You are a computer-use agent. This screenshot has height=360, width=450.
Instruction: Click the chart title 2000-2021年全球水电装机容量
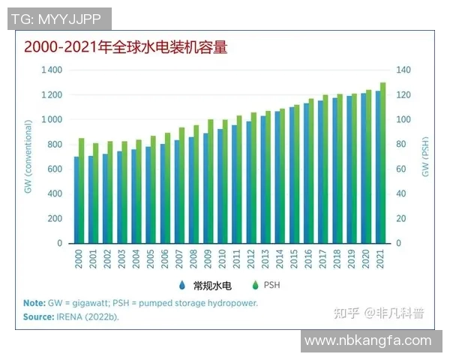click(125, 47)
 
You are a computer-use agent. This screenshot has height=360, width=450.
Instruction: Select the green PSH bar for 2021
click(383, 162)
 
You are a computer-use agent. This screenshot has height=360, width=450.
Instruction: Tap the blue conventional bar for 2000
click(76, 199)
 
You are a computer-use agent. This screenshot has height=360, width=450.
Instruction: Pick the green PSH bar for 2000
click(82, 190)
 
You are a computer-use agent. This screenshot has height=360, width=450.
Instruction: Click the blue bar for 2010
click(220, 186)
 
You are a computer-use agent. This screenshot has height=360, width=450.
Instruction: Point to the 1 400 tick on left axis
click(52, 70)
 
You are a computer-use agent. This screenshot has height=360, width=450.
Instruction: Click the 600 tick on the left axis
click(55, 169)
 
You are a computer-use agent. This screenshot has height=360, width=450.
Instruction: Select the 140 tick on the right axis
click(404, 70)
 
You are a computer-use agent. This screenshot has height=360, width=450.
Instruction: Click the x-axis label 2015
click(295, 259)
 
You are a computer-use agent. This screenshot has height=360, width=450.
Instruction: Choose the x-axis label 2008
click(194, 259)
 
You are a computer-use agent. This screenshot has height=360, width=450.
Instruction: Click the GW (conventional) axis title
click(28, 157)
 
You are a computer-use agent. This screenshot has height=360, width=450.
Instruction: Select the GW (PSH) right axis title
click(424, 157)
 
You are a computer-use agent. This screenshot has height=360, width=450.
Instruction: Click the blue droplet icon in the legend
click(182, 285)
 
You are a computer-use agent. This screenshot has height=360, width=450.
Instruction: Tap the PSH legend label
click(270, 285)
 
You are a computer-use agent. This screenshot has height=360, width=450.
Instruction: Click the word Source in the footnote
click(39, 316)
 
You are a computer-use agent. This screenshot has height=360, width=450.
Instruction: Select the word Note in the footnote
click(34, 304)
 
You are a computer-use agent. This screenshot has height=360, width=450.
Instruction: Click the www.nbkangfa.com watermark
click(367, 341)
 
